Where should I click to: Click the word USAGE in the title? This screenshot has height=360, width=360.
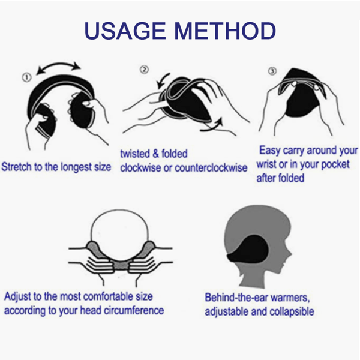[x=125, y=31]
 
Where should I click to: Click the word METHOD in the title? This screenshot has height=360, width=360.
[x=225, y=31]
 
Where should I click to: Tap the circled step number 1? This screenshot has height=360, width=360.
[x=26, y=77]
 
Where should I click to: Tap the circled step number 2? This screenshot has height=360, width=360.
[x=144, y=70]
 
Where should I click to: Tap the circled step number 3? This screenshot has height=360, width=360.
[x=272, y=71]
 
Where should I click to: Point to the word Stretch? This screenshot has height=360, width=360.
[x=17, y=167]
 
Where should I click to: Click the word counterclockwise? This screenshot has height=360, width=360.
[x=211, y=168]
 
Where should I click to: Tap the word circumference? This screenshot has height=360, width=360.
[x=134, y=310]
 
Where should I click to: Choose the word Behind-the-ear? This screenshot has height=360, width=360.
[x=236, y=298]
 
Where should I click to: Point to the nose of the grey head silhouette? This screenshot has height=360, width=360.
[x=290, y=254]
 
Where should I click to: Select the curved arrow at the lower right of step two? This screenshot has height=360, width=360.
[x=211, y=125]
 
